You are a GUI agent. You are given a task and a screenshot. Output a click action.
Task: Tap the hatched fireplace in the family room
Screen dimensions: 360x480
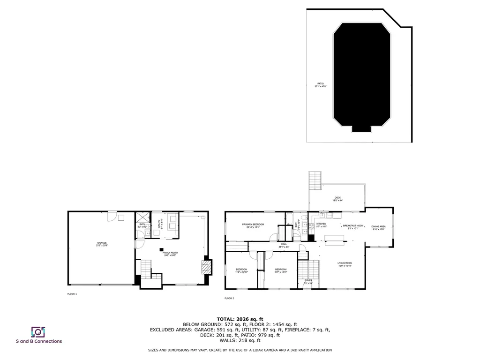[x=206, y=267]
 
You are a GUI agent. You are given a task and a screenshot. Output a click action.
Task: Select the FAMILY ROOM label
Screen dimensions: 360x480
[x=170, y=254]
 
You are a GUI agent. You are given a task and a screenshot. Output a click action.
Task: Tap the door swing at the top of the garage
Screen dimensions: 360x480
[x=112, y=216]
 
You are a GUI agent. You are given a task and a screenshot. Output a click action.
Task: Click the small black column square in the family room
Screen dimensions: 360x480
[x=161, y=249]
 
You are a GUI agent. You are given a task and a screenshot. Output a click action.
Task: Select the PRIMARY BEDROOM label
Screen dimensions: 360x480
[x=253, y=226]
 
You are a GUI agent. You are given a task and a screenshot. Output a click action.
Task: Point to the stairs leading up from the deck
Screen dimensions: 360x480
[x=315, y=181]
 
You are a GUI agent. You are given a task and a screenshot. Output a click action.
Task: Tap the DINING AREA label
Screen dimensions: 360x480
[x=378, y=228]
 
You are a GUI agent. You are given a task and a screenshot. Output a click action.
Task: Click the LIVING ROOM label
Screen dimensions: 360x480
[x=345, y=264]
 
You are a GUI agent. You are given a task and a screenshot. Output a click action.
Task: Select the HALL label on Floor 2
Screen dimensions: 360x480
[x=284, y=245]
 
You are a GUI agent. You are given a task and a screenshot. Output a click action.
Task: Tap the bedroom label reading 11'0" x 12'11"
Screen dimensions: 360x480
[x=241, y=270]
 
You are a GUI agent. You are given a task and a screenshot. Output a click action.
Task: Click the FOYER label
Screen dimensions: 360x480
[x=308, y=281]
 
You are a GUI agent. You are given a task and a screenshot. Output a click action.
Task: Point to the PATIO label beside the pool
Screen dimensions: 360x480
[x=320, y=85]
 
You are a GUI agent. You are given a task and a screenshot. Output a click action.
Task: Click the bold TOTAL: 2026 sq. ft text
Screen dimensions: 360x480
[x=240, y=319]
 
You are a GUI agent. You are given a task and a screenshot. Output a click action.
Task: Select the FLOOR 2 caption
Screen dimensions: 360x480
[x=229, y=298]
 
